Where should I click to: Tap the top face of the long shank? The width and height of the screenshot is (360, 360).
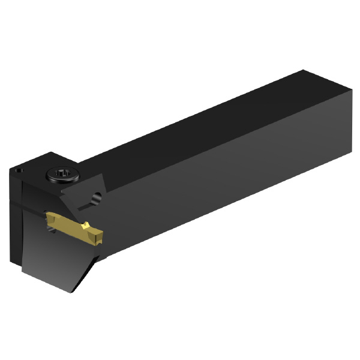point(198,126)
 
